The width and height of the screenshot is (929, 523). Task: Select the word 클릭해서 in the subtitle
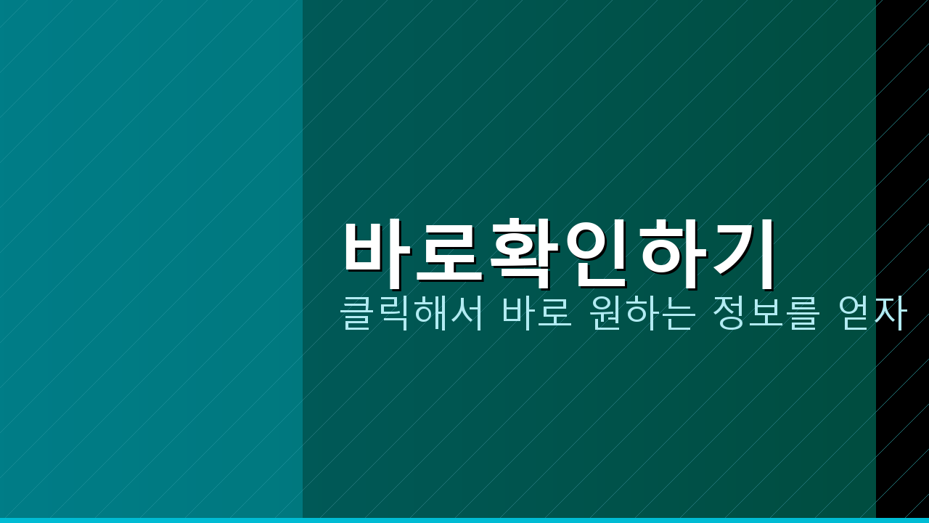coord(412,314)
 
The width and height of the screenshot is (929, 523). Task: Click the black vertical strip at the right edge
coord(902,145)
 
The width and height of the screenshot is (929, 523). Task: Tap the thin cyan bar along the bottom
coord(464,520)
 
